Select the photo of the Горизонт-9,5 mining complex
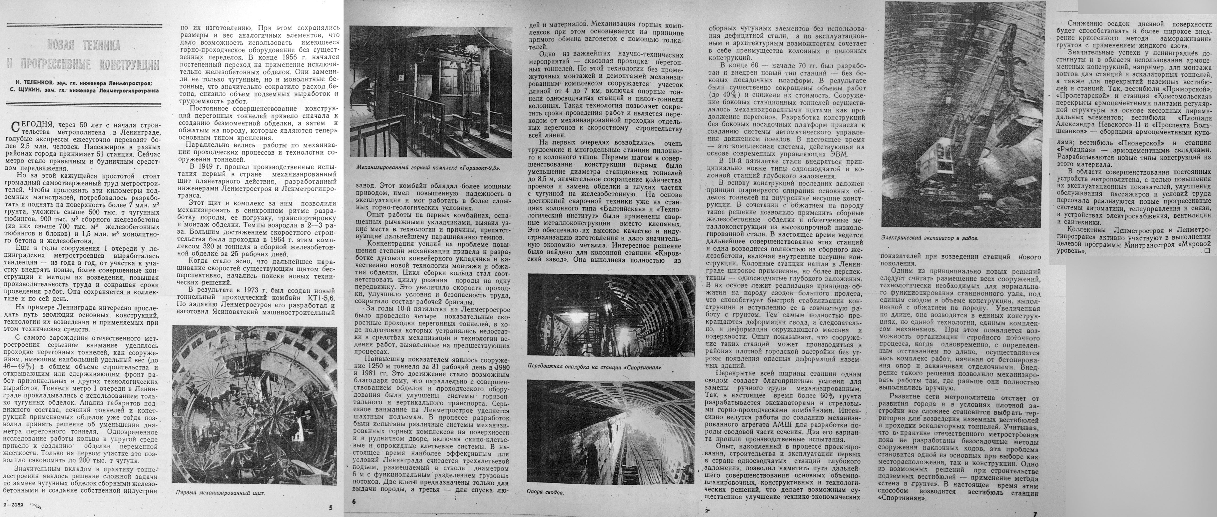click(430, 93)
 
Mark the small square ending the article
click(1204, 251)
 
